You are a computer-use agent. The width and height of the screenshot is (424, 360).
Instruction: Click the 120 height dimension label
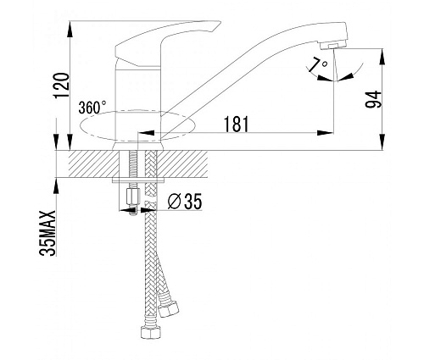(x=61, y=86)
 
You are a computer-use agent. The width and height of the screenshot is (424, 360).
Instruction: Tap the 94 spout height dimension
(x=373, y=99)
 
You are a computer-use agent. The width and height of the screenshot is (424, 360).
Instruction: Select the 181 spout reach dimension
(x=236, y=124)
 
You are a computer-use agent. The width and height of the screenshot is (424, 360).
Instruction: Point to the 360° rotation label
(x=92, y=108)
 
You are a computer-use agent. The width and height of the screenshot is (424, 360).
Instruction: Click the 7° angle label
(x=319, y=64)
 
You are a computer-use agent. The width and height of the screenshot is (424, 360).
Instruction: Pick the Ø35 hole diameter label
(x=185, y=202)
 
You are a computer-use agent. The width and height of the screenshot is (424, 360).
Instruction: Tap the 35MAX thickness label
(x=47, y=233)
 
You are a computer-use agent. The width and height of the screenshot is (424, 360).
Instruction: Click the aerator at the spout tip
(x=333, y=45)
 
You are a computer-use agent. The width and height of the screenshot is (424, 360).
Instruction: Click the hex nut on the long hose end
(x=151, y=332)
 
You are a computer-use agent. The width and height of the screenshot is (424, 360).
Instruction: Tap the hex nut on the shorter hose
(x=168, y=308)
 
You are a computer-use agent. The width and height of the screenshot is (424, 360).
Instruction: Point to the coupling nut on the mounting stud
(x=132, y=197)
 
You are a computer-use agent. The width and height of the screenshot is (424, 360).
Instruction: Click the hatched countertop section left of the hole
(x=94, y=164)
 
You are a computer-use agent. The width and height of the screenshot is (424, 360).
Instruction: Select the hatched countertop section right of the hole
(x=182, y=164)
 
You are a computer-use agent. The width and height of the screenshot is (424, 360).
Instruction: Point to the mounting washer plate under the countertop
(x=138, y=180)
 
